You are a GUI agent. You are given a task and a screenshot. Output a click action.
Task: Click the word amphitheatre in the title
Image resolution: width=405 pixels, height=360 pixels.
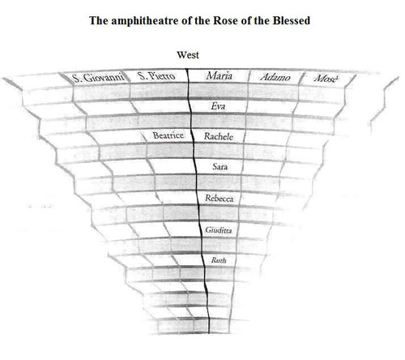[144, 21]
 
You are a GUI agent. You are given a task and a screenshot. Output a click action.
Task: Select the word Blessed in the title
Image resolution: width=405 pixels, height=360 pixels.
[292, 20]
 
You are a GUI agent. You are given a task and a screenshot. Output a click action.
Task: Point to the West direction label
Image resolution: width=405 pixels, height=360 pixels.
[188, 55]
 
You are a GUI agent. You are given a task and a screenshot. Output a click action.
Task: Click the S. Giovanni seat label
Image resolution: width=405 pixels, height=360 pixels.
[98, 78]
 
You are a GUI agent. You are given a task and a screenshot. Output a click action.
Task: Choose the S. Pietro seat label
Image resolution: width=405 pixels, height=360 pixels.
[156, 76]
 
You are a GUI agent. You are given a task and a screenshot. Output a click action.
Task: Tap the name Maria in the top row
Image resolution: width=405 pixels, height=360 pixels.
[219, 76]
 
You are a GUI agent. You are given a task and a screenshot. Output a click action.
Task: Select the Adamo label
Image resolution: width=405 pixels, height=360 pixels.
[275, 78]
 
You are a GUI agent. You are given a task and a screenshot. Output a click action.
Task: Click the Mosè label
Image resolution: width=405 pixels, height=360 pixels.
[326, 79]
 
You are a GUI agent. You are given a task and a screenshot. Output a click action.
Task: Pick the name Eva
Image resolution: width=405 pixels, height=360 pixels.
[218, 106]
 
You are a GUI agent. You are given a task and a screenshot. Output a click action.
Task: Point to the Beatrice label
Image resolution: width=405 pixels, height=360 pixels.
[168, 135]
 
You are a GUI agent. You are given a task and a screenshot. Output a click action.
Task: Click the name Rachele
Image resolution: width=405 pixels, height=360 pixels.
[219, 136]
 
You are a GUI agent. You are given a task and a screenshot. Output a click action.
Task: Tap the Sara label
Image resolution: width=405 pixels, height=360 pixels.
[220, 166]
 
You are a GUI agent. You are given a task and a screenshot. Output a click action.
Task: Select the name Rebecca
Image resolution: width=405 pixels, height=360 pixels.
[220, 199]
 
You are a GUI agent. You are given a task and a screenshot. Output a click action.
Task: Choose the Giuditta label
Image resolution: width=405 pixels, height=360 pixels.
[219, 230]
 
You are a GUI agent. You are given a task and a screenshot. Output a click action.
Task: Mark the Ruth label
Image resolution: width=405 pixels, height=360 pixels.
[219, 260]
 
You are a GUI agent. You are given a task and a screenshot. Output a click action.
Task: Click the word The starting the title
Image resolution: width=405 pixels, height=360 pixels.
[99, 20]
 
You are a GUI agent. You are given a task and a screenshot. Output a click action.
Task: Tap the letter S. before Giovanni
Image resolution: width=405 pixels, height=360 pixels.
[77, 79]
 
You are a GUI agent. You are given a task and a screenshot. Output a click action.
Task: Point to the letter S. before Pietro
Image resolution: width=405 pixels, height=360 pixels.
[142, 75]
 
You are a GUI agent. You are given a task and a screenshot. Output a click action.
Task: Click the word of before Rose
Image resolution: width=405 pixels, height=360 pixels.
[186, 20]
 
